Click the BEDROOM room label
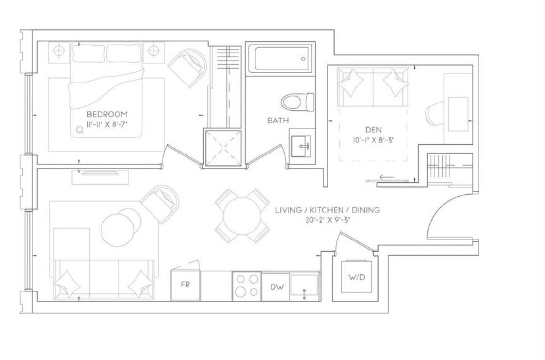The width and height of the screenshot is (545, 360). (x=107, y=114)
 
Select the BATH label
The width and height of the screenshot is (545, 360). (x=278, y=120)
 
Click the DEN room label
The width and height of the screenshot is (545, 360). (x=374, y=130)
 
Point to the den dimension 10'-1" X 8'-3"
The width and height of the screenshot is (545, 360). (x=374, y=140)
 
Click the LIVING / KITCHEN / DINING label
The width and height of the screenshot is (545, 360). (x=327, y=210)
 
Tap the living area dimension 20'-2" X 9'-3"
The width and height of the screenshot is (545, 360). (x=327, y=220)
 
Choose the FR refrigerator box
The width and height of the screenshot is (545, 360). (x=185, y=285)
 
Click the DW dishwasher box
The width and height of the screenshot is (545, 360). (x=277, y=287)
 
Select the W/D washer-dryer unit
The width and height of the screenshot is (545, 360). (x=357, y=277)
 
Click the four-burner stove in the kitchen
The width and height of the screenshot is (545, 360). (x=247, y=286)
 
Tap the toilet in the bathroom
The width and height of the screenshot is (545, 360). (x=298, y=102)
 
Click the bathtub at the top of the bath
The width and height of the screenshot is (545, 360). (x=283, y=59)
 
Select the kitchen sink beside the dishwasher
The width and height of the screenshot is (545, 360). (x=305, y=286)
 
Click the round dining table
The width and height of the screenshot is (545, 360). (x=242, y=216)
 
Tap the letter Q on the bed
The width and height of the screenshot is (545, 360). (x=80, y=130)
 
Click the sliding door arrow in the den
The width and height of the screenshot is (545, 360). (x=387, y=177)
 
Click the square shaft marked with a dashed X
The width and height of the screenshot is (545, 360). (x=222, y=148)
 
